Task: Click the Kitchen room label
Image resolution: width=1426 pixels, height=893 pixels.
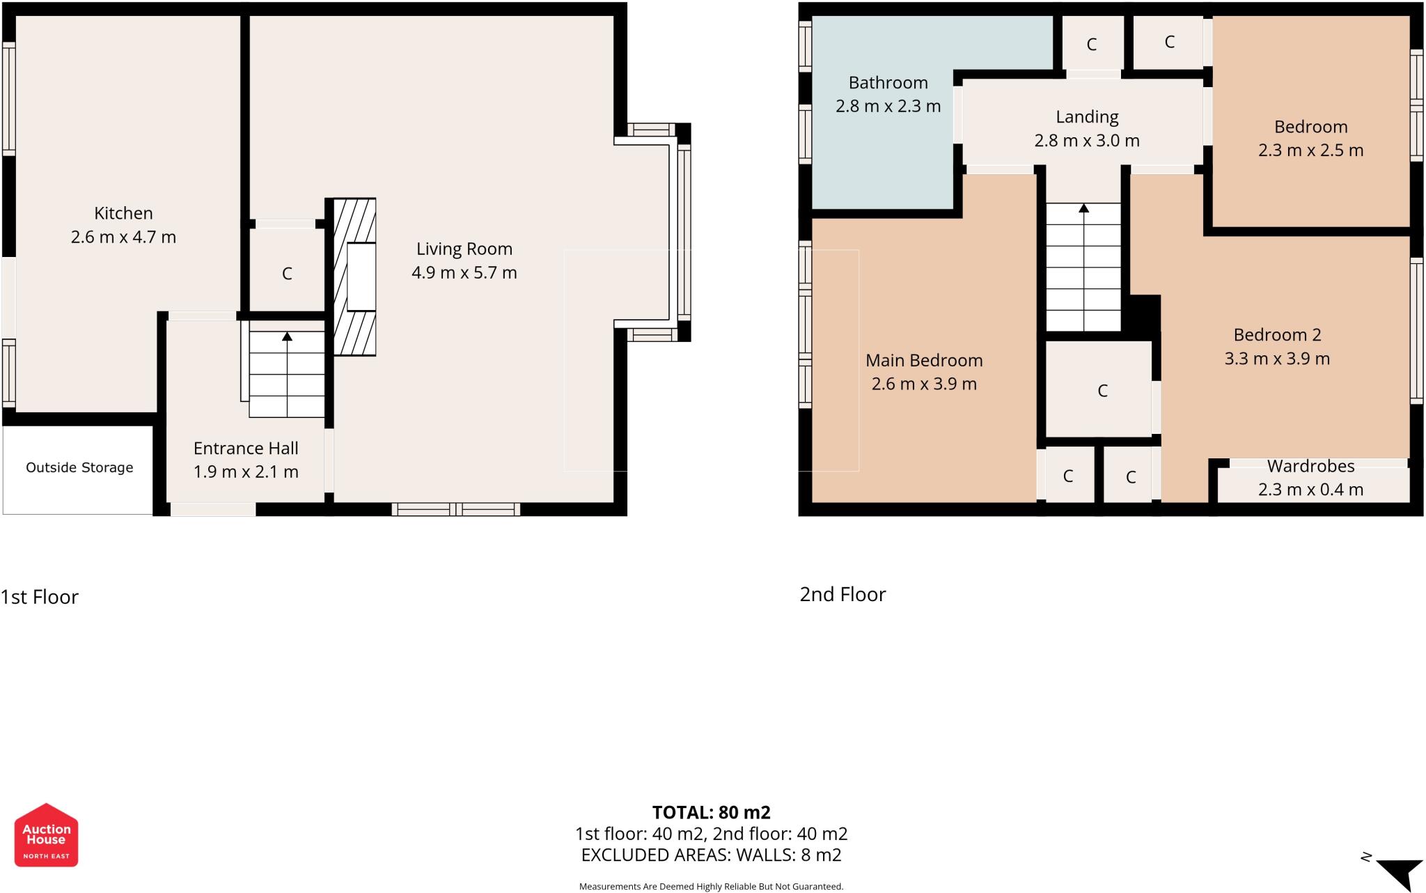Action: tap(123, 213)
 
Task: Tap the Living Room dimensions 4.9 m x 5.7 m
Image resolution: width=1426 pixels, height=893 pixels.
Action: tap(464, 272)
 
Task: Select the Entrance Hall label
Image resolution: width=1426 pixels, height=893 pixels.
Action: tap(246, 448)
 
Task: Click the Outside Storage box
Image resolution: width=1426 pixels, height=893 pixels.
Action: tap(79, 467)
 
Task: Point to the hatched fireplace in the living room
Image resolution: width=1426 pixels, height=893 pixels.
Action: tap(355, 277)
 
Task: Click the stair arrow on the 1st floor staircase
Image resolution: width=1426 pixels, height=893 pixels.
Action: tap(287, 337)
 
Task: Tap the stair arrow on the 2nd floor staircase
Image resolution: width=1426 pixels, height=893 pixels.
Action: tap(1083, 208)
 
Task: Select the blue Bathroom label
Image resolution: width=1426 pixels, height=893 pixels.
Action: tap(888, 83)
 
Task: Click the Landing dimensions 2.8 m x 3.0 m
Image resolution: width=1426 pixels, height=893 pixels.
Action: tap(1086, 141)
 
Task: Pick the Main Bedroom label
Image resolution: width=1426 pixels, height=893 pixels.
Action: tap(924, 360)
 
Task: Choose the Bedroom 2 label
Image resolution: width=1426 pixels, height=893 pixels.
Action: tap(1277, 335)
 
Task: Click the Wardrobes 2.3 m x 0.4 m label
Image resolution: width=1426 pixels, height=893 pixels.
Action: tap(1310, 478)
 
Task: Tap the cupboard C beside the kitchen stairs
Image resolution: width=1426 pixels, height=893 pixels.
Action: tap(287, 274)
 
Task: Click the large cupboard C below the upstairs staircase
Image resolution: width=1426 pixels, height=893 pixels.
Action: tap(1102, 391)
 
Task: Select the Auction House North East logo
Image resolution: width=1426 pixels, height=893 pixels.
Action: tap(46, 835)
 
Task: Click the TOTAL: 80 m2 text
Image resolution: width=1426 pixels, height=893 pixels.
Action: tap(711, 812)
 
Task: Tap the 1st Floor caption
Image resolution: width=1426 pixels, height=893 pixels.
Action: tap(40, 597)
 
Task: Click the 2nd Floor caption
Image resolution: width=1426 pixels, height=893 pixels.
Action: tap(843, 594)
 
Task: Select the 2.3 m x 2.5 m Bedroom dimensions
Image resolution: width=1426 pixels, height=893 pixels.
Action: tap(1310, 150)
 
